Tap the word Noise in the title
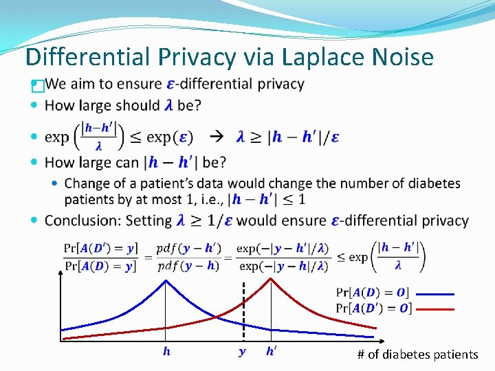point(404,56)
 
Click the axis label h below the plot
point(166,352)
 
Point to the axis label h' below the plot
point(272,351)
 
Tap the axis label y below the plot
point(242,352)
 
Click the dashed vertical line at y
point(243,309)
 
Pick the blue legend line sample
point(436,293)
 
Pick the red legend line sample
point(436,308)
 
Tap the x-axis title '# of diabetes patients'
point(417,355)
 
